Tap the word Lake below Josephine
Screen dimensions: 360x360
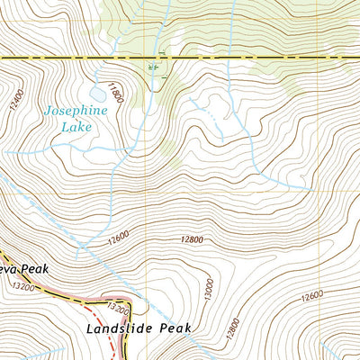(x=75, y=127)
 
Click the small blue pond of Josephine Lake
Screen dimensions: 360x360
(x=95, y=93)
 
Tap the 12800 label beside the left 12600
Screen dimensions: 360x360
(x=192, y=240)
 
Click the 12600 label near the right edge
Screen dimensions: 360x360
(x=311, y=296)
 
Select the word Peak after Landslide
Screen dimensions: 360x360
(x=176, y=329)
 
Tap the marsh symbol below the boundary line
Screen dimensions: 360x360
(x=153, y=67)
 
